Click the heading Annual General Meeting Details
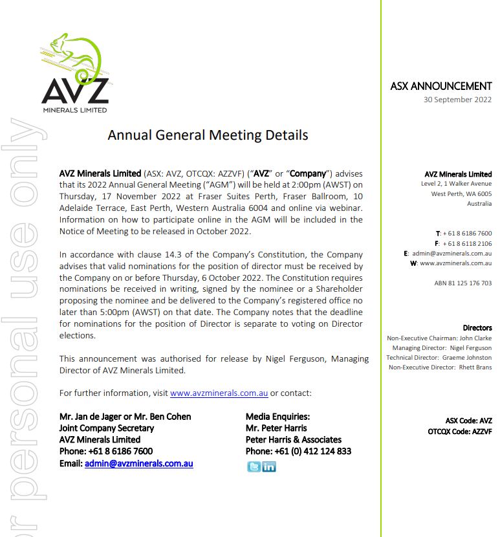[x=208, y=135]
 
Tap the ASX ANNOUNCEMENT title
[x=440, y=86]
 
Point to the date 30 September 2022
[x=457, y=100]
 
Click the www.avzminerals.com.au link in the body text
[x=219, y=393]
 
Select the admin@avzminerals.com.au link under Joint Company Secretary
[x=138, y=463]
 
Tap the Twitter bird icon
[x=254, y=466]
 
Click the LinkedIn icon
[x=268, y=466]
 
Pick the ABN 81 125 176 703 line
[x=462, y=283]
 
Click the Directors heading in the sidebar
[x=477, y=328]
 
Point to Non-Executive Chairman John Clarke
[x=439, y=338]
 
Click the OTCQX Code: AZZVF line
[x=460, y=431]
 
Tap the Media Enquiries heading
[x=277, y=417]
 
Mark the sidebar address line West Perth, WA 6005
[x=461, y=193]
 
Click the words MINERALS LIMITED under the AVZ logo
[x=75, y=110]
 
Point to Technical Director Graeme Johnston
[x=439, y=358]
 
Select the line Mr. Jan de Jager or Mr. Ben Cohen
[x=125, y=417]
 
